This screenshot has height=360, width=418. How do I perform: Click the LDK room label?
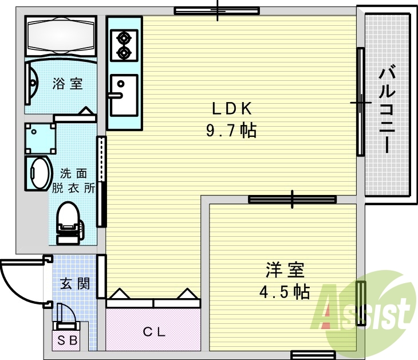point(232,108)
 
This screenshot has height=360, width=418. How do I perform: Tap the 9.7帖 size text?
point(231,131)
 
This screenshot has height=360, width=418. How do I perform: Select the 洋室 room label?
point(285,269)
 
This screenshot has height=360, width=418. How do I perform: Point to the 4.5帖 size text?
point(285,292)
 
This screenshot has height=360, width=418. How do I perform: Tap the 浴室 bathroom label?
point(68,84)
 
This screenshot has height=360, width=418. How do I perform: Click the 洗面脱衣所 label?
point(73,181)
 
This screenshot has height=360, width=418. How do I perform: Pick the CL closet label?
point(153,331)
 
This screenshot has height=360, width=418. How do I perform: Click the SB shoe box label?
point(68,341)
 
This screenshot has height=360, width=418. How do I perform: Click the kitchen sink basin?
point(124,95)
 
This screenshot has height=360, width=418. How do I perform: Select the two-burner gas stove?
point(123,46)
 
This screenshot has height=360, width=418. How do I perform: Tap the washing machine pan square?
point(40,138)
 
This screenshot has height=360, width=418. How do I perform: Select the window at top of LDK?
point(217,10)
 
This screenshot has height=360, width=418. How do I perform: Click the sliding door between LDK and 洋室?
point(293,199)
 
